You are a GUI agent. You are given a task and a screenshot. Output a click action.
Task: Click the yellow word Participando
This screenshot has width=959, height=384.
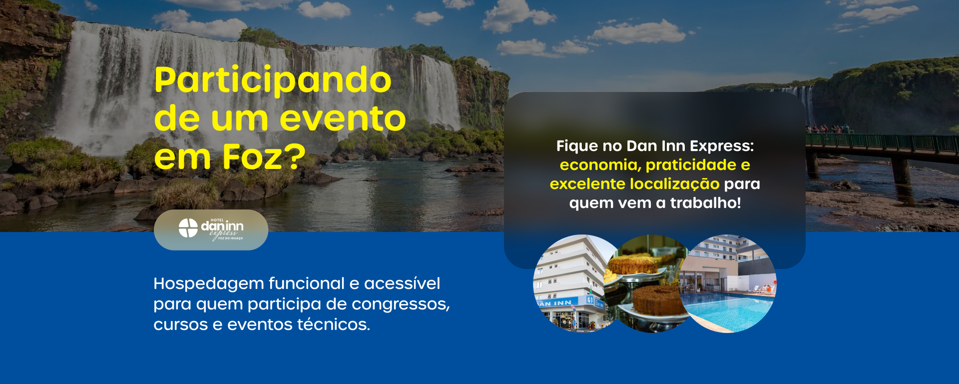pos(273,80)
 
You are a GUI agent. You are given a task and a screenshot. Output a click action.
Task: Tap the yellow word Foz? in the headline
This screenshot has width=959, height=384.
pos(264,156)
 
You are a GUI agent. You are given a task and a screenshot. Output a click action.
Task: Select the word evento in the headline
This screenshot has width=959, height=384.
pos(343,119)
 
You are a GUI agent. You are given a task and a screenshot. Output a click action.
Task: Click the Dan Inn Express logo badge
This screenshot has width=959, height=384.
pos(211,229)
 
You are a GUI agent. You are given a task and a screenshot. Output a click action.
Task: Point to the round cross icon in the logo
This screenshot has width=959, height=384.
pos(188,228)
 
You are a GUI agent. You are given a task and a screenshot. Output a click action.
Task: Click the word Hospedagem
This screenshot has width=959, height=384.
pos(208,284)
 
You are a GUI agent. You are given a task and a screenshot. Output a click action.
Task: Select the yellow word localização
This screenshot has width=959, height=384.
pos(674,184)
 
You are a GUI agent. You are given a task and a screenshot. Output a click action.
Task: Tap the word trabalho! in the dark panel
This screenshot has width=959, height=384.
pos(705,203)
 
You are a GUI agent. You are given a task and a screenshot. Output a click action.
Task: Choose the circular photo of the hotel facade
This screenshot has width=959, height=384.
pos(574,283)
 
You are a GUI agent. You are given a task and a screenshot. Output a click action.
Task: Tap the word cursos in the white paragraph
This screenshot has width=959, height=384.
pos(180,325)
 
